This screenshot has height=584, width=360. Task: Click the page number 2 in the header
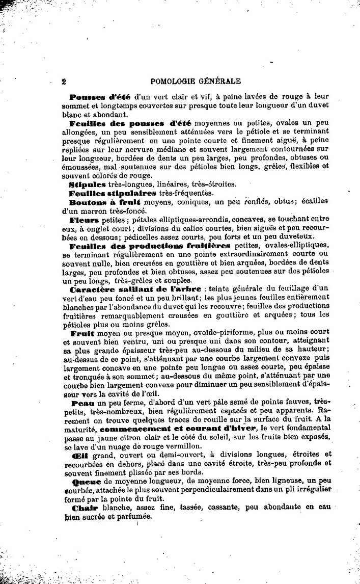[64, 80]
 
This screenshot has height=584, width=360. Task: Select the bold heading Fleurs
[85, 221]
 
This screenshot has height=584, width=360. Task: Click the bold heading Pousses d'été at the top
[100, 96]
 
